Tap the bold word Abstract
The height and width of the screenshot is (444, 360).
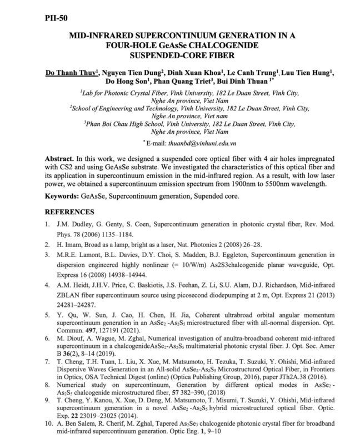(x=58, y=158)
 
